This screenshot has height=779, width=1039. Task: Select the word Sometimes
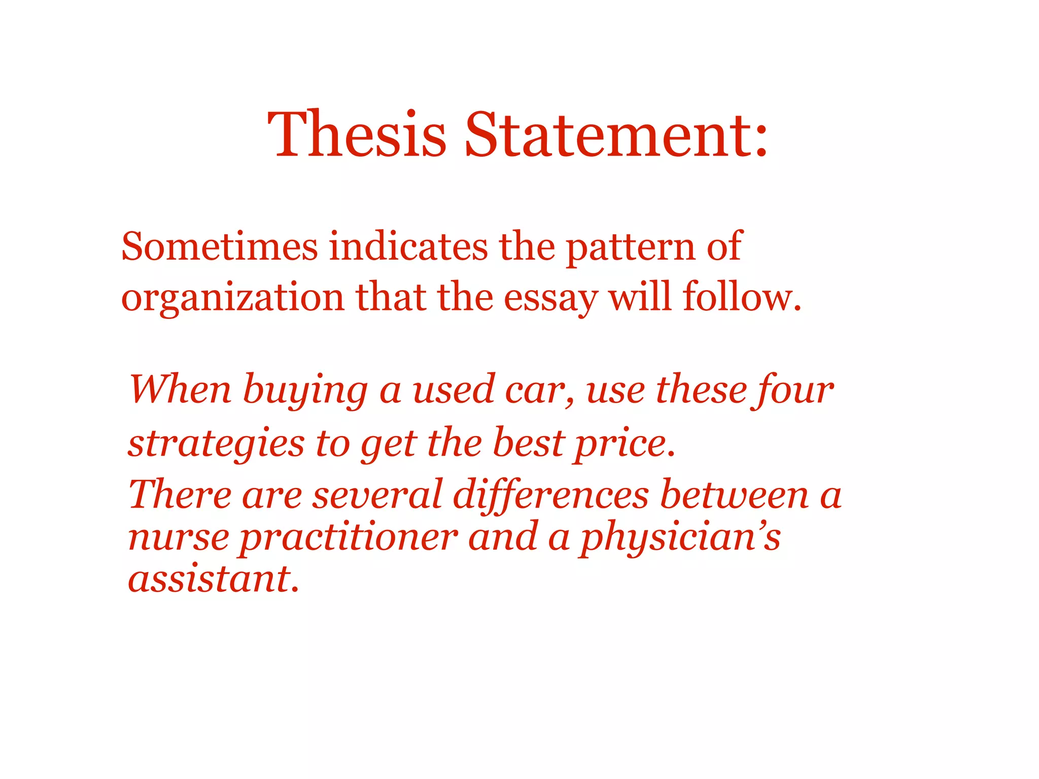219,247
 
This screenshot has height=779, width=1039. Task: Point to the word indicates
408,247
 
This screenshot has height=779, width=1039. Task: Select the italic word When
180,389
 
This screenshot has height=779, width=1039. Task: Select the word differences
551,495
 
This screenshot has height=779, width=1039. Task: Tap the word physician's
680,538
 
